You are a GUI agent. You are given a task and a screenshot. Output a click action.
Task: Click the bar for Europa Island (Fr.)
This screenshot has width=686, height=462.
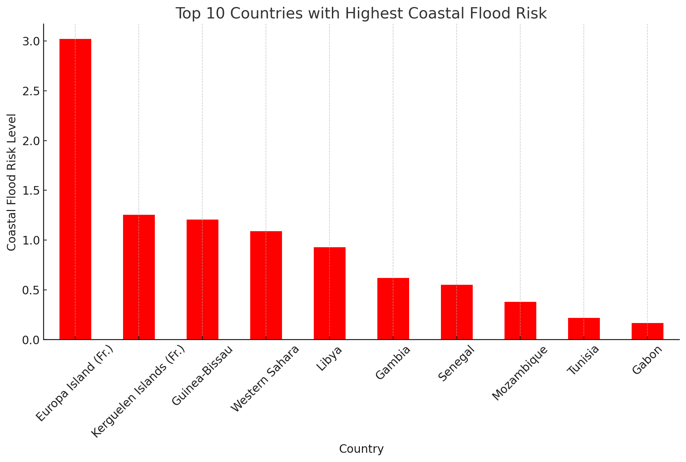click(75, 189)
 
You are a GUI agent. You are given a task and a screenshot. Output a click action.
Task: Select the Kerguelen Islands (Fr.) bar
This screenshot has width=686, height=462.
click(139, 277)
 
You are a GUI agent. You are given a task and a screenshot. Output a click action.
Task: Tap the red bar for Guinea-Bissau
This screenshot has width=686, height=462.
click(202, 279)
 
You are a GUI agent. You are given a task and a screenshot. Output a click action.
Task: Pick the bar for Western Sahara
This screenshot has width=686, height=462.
click(266, 285)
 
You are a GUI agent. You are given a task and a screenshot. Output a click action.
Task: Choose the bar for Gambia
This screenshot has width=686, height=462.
click(393, 309)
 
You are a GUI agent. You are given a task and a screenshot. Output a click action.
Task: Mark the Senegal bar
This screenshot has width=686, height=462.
click(457, 312)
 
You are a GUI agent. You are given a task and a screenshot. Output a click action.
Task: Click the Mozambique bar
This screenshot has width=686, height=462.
click(520, 321)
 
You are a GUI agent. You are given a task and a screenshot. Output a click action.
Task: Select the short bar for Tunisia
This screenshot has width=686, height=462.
click(584, 328)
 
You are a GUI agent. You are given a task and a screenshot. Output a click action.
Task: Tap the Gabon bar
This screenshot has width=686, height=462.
click(647, 331)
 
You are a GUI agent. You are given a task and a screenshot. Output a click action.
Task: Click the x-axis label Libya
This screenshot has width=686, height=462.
click(329, 358)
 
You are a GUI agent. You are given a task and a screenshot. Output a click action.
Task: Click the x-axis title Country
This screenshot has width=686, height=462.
click(361, 449)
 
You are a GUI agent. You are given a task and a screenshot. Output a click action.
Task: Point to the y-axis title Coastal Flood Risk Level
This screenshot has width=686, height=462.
click(12, 182)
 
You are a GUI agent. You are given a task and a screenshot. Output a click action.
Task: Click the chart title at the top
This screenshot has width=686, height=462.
click(361, 14)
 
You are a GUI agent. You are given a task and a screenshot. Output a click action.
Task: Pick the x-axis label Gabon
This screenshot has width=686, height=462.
click(647, 360)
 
